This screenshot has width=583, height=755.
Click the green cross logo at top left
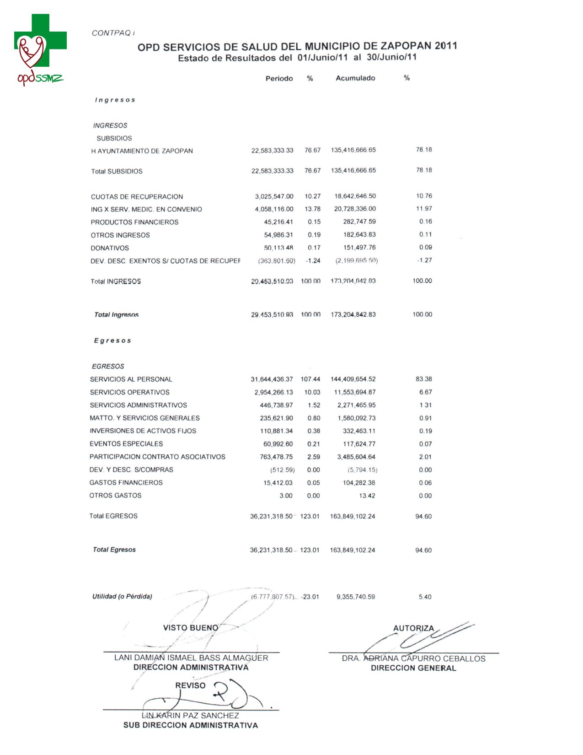pyautogui.click(x=40, y=40)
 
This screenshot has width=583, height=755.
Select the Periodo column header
pyautogui.click(x=279, y=79)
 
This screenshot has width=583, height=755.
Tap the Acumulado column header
pyautogui.click(x=355, y=78)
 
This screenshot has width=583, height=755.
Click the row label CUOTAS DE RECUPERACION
pyautogui.click(x=137, y=197)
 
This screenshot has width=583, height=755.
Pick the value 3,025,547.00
pyautogui.click(x=274, y=196)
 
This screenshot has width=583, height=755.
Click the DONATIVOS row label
pyautogui.click(x=110, y=248)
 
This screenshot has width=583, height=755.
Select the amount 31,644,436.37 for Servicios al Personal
pyautogui.click(x=272, y=379)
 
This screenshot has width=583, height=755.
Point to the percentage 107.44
pyautogui.click(x=310, y=379)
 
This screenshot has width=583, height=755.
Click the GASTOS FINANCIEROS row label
pyautogui.click(x=126, y=483)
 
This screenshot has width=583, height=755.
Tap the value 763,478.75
pyautogui.click(x=276, y=457)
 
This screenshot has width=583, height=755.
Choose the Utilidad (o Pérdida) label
pyautogui.click(x=122, y=596)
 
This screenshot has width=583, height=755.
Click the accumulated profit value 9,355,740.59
pyautogui.click(x=355, y=597)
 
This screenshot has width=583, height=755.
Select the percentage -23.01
pyautogui.click(x=310, y=597)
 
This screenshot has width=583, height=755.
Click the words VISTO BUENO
pyautogui.click(x=191, y=628)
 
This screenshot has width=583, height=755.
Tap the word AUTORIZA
pyautogui.click(x=413, y=628)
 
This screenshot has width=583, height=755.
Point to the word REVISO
pyautogui.click(x=190, y=685)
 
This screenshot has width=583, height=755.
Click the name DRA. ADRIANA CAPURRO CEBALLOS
pyautogui.click(x=413, y=658)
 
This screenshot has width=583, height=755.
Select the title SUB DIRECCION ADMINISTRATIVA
pyautogui.click(x=191, y=725)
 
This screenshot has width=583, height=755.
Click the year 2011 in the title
pyautogui.click(x=446, y=45)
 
